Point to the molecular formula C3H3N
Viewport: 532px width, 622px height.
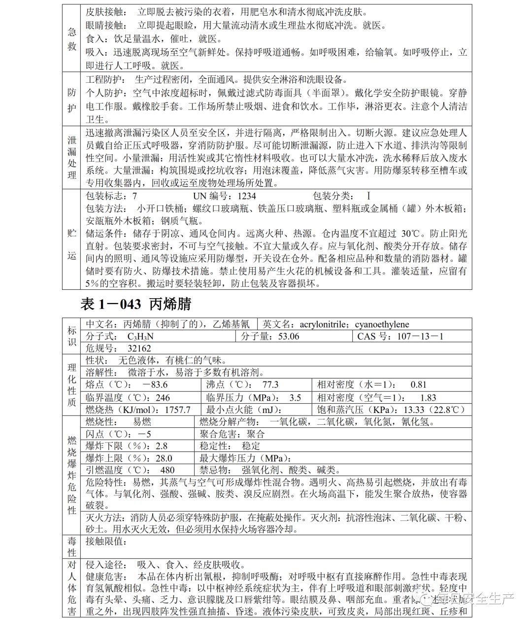click(140, 337)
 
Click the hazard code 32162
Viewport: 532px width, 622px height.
click(139, 348)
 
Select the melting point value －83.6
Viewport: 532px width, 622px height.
click(154, 384)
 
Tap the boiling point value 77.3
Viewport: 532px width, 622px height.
click(270, 384)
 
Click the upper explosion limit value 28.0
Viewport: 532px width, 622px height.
click(164, 458)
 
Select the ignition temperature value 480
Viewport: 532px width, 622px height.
click(167, 470)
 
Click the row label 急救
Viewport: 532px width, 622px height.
click(72, 38)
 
